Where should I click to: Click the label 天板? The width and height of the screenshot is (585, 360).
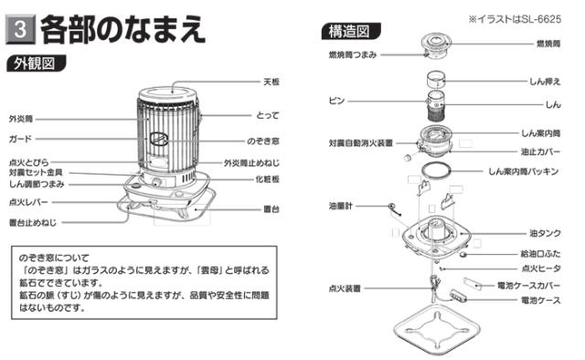coord(271,81)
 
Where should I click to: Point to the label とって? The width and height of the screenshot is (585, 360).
coord(270,116)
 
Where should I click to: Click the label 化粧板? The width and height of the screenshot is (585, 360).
coord(270,180)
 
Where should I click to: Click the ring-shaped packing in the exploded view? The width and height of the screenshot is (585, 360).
coord(444,171)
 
